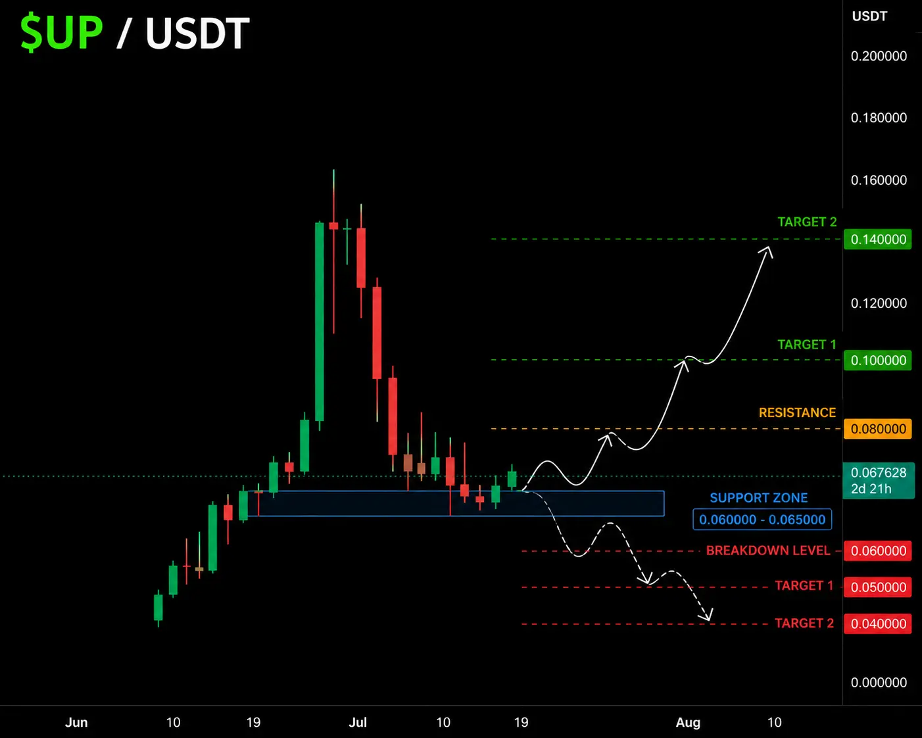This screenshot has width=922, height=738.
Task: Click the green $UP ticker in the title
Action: pyautogui.click(x=62, y=33)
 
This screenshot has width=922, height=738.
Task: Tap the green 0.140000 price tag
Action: pyautogui.click(x=878, y=239)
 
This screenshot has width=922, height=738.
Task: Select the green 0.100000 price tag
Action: pyautogui.click(x=878, y=360)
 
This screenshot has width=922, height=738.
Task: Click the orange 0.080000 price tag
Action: pyautogui.click(x=878, y=429)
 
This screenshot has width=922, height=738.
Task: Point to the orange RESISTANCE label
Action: pyautogui.click(x=797, y=412)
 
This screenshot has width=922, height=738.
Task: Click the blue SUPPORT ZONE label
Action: pyautogui.click(x=758, y=497)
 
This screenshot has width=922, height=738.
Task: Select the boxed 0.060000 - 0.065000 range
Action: pyautogui.click(x=762, y=520)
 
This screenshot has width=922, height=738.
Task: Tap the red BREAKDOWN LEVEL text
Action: pyautogui.click(x=767, y=551)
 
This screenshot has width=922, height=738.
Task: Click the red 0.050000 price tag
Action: pyautogui.click(x=878, y=587)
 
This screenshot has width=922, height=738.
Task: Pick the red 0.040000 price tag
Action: pyautogui.click(x=878, y=624)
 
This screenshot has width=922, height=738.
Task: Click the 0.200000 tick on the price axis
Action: pyautogui.click(x=879, y=56)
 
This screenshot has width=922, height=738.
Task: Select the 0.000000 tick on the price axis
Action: pyautogui.click(x=879, y=682)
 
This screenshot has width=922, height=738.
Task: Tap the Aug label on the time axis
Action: pyautogui.click(x=688, y=723)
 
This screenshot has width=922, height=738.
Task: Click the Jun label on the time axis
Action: pyautogui.click(x=76, y=723)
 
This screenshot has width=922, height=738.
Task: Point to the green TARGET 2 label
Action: pyautogui.click(x=807, y=222)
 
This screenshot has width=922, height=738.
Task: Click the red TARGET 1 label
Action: pyautogui.click(x=804, y=585)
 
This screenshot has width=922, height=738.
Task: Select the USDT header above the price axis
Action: pyautogui.click(x=869, y=16)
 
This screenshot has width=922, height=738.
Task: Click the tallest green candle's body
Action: pyautogui.click(x=319, y=322)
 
